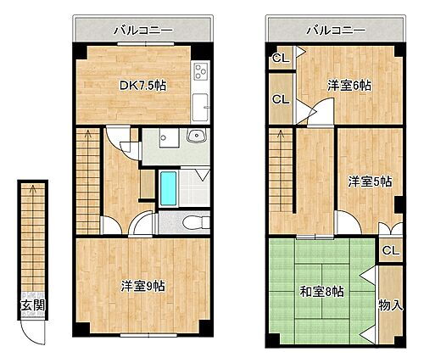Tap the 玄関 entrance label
click(x=30, y=306)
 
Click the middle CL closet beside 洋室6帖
click(x=280, y=98)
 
